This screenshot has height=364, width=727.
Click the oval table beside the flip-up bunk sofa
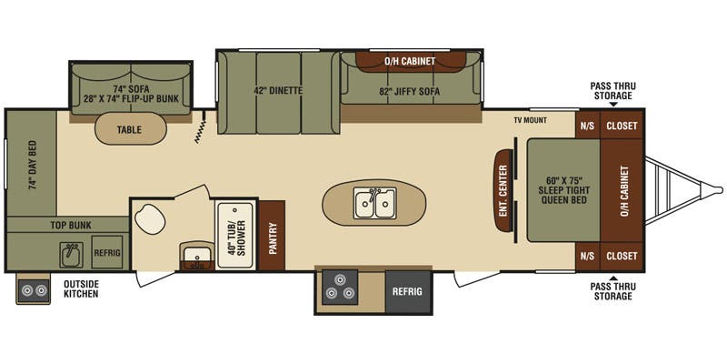[130, 130]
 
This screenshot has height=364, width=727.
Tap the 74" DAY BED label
[33, 165]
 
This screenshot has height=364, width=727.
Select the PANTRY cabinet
[272, 235]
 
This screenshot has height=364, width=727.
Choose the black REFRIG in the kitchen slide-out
[407, 291]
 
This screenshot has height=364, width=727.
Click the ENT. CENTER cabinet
[502, 190]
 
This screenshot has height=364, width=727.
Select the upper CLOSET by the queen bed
[622, 126]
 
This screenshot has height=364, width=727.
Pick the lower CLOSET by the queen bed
[622, 256]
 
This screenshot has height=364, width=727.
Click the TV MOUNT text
[530, 120]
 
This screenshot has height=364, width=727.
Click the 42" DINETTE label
[278, 91]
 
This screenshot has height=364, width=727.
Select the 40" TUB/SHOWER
[235, 235]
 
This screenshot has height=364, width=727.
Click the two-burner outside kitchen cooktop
[34, 290]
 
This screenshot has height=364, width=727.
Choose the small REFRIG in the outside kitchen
[106, 252]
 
